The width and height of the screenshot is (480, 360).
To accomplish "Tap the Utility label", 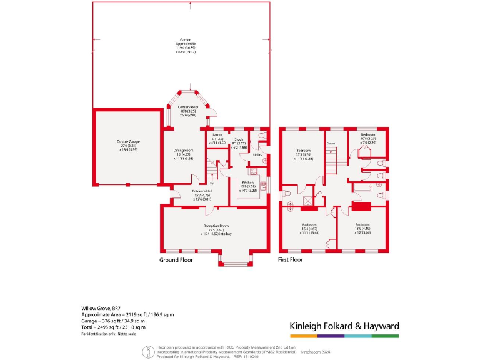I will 257,154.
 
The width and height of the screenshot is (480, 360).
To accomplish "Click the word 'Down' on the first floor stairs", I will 331,144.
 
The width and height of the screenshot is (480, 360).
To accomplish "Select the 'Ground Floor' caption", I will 176,259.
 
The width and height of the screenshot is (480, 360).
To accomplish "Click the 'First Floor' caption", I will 290,259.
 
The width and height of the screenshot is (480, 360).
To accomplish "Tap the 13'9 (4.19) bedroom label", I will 362,227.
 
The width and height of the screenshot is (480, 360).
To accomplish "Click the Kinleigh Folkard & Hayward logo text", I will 344,326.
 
